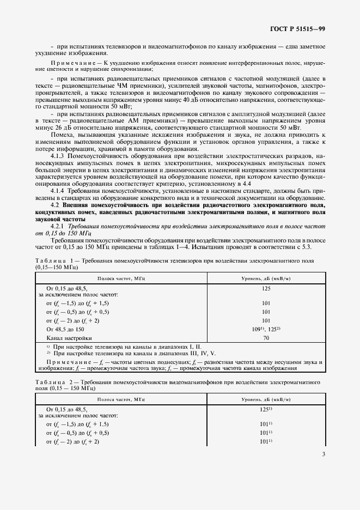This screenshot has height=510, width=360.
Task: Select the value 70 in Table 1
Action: tap(266, 338)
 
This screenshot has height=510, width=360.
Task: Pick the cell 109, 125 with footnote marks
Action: tap(266, 329)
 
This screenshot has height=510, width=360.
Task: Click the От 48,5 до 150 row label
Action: tap(65, 329)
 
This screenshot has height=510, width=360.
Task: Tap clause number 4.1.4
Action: tap(58, 191)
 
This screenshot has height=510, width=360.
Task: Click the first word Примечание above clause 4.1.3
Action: tap(71, 64)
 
